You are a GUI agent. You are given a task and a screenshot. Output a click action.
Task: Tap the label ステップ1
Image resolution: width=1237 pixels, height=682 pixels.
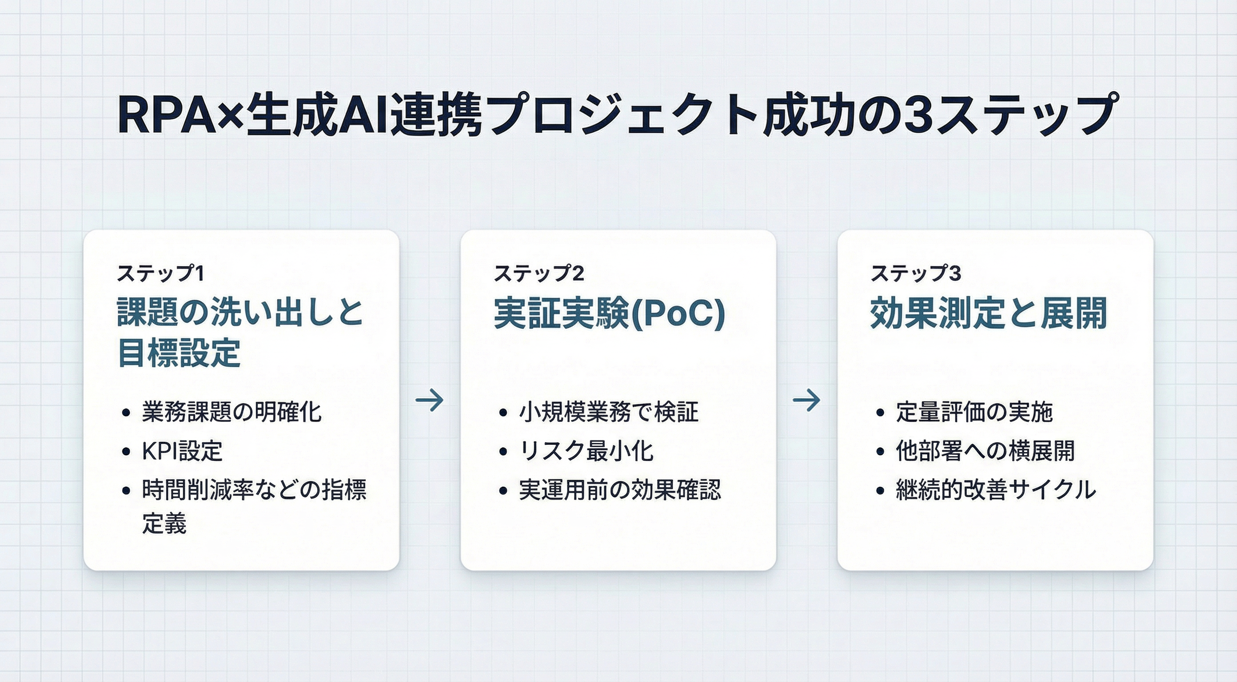pyautogui.click(x=160, y=274)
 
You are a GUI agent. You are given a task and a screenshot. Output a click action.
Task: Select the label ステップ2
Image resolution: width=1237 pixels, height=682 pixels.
pyautogui.click(x=539, y=274)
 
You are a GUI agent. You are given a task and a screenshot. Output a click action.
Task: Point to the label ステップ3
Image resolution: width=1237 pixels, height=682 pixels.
pyautogui.click(x=916, y=274)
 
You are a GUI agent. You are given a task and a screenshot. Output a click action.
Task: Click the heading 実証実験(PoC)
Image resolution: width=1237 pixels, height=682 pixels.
pyautogui.click(x=609, y=314)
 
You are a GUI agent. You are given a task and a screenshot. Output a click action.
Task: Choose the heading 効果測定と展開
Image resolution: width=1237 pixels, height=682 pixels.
pyautogui.click(x=988, y=314)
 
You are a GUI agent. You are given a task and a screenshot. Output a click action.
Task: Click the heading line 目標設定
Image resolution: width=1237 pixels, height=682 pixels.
pyautogui.click(x=179, y=353)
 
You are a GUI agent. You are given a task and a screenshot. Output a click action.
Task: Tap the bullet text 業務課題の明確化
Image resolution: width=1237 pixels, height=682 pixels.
pyautogui.click(x=231, y=412)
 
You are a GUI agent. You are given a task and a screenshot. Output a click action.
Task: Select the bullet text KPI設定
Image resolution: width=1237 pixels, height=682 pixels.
pyautogui.click(x=183, y=451)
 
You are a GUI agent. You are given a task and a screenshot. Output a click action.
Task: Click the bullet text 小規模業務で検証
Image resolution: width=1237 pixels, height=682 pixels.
pyautogui.click(x=609, y=412)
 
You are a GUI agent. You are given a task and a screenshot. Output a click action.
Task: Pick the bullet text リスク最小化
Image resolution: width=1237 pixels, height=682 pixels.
pyautogui.click(x=587, y=451)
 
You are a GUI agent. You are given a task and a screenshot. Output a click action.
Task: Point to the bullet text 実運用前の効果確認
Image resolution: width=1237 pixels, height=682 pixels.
pyautogui.click(x=620, y=490)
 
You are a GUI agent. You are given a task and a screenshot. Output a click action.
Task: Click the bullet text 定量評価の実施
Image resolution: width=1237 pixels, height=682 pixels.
pyautogui.click(x=974, y=412)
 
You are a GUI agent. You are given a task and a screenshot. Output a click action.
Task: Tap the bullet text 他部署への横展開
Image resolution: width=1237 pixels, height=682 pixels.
pyautogui.click(x=985, y=451)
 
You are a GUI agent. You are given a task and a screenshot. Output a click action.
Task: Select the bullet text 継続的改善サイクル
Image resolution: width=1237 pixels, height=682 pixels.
pyautogui.click(x=996, y=490)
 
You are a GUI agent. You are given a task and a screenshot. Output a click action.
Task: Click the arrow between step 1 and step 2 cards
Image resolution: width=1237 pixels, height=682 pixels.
pyautogui.click(x=430, y=400)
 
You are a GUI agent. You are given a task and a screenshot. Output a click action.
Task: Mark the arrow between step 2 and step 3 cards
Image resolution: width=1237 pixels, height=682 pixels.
pyautogui.click(x=807, y=400)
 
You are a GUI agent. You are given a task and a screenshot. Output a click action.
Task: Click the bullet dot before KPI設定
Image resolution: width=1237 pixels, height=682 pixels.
pyautogui.click(x=126, y=452)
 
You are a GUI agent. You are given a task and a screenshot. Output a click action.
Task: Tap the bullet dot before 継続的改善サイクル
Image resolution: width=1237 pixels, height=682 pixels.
pyautogui.click(x=880, y=491)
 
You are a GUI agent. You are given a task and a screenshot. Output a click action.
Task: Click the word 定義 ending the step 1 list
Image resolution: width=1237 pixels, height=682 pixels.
pyautogui.click(x=164, y=523)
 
